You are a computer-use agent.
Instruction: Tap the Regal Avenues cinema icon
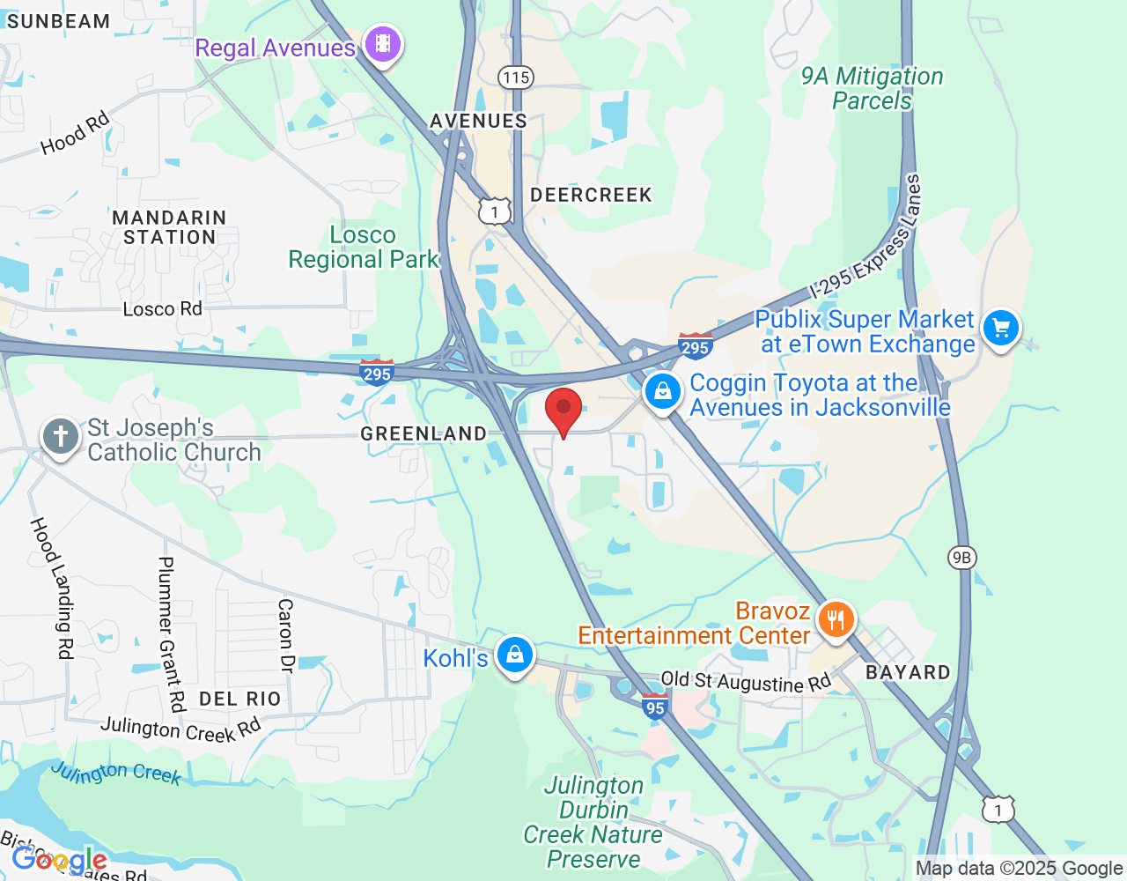point(383,42)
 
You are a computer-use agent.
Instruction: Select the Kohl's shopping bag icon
point(514,655)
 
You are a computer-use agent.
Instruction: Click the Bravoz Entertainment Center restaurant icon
point(835,619)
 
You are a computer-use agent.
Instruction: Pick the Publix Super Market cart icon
point(1000,329)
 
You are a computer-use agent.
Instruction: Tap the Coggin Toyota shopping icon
point(662,391)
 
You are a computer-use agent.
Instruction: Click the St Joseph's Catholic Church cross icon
point(61,436)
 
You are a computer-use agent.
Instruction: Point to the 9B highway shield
point(961,557)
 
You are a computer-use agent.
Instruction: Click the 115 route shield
point(516,78)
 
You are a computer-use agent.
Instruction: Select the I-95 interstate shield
point(655,707)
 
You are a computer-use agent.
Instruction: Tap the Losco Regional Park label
point(363,248)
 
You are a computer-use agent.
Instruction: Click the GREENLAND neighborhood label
point(424,433)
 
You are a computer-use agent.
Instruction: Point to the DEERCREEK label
point(591,195)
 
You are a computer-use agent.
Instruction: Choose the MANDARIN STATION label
point(169,227)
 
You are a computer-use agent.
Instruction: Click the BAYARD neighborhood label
point(908,672)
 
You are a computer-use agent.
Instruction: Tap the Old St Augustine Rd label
point(745,681)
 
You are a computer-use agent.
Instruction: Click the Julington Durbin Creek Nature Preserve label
point(593,822)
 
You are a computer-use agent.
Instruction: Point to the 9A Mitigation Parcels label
point(872,89)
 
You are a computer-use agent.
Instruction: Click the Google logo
point(59,860)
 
